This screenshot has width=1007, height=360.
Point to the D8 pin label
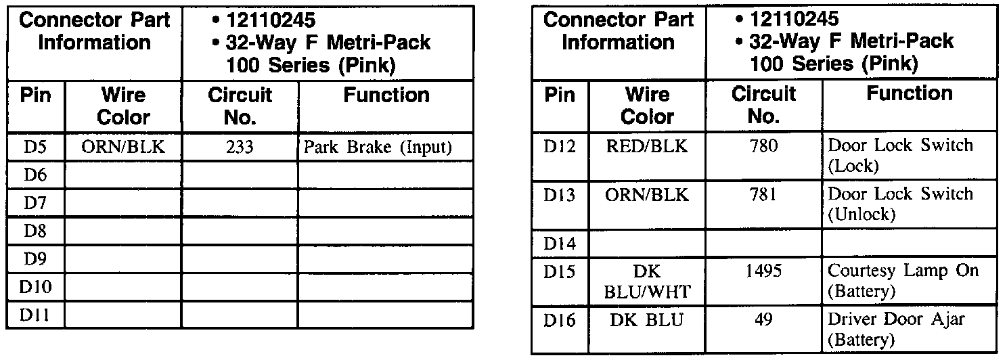(x=35, y=231)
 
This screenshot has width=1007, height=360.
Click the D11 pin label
(x=35, y=315)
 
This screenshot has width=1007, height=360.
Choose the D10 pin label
(x=35, y=287)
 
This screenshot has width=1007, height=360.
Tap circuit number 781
(x=764, y=196)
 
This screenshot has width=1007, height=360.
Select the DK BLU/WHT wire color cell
(x=648, y=282)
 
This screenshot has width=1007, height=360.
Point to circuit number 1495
(x=764, y=272)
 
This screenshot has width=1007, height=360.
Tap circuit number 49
(x=764, y=319)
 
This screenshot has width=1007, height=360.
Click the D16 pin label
(x=560, y=320)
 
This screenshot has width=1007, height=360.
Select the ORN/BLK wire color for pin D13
(x=648, y=196)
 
